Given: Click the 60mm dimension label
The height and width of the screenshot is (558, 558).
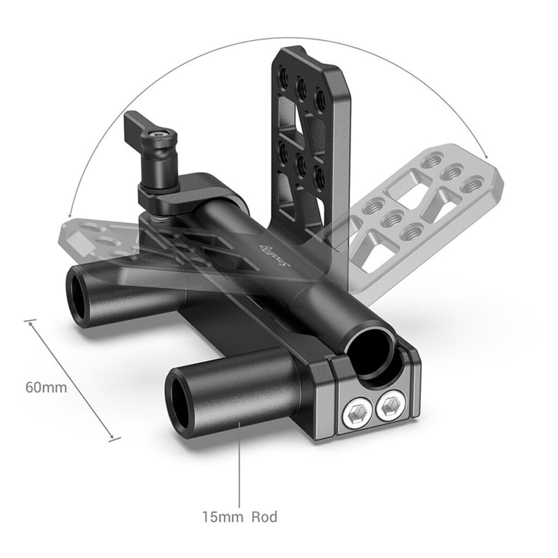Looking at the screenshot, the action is [x=46, y=387].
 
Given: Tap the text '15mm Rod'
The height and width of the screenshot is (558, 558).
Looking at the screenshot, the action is [x=240, y=517].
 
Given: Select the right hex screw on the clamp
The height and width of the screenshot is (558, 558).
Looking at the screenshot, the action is [x=390, y=405].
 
